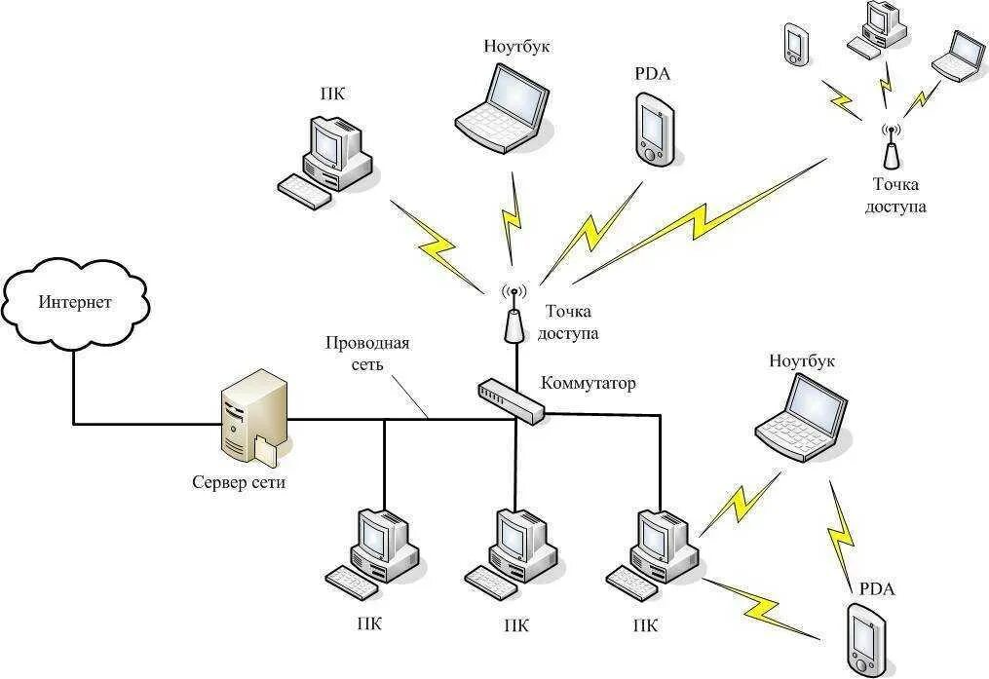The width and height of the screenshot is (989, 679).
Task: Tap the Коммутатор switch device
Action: (x=511, y=400)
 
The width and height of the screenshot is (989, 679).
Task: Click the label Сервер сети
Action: (x=239, y=482)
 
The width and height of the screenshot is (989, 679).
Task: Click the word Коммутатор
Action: (x=588, y=383)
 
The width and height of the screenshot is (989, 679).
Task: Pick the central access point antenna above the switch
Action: (x=514, y=317)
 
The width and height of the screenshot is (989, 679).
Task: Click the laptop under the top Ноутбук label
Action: (x=503, y=106)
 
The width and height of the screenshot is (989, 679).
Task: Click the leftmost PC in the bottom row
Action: (x=374, y=554)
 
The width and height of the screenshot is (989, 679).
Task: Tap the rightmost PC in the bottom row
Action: (x=655, y=551)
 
